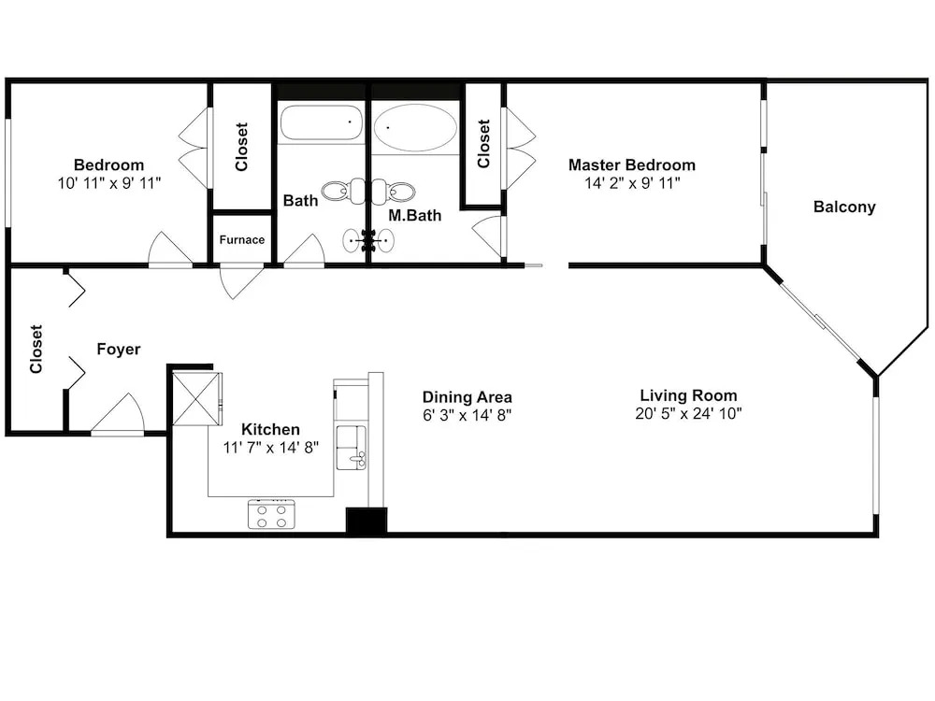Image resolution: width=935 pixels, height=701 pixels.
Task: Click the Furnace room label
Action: click(x=241, y=239)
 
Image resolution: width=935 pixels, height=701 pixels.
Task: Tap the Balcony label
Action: click(x=844, y=207)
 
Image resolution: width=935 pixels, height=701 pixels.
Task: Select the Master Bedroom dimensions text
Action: click(x=632, y=183)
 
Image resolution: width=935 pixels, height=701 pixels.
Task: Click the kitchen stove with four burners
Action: click(x=271, y=515)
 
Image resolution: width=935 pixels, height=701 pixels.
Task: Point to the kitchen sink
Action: click(x=352, y=448)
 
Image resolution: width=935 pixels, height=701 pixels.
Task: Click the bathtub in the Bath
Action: click(x=322, y=122)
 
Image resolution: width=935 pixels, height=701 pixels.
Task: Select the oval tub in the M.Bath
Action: click(x=415, y=127)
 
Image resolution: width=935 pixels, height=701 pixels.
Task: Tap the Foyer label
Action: click(x=119, y=349)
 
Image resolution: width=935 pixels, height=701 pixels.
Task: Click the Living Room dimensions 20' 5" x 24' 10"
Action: click(x=688, y=413)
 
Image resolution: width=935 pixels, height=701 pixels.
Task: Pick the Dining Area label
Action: click(x=467, y=397)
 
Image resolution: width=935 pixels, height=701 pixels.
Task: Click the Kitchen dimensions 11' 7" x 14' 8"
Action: click(x=271, y=447)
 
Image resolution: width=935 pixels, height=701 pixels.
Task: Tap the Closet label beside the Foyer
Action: click(x=36, y=349)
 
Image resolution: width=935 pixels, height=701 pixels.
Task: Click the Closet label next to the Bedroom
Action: click(x=241, y=147)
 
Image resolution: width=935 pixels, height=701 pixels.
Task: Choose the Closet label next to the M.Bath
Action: click(x=483, y=144)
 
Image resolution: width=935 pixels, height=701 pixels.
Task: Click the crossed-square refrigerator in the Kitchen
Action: click(x=196, y=397)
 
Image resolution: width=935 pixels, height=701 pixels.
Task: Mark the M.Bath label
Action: click(x=414, y=215)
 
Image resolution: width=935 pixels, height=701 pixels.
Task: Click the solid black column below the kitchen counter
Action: click(x=367, y=520)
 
